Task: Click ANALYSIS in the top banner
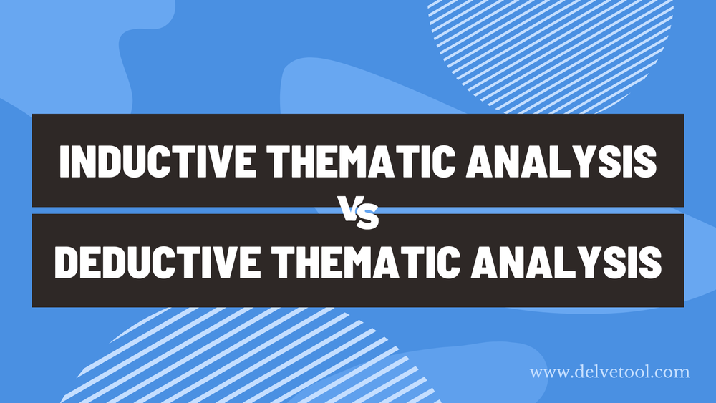tap(561, 162)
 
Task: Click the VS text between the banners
tap(358, 213)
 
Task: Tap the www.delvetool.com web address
tap(609, 372)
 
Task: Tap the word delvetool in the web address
tap(613, 372)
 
